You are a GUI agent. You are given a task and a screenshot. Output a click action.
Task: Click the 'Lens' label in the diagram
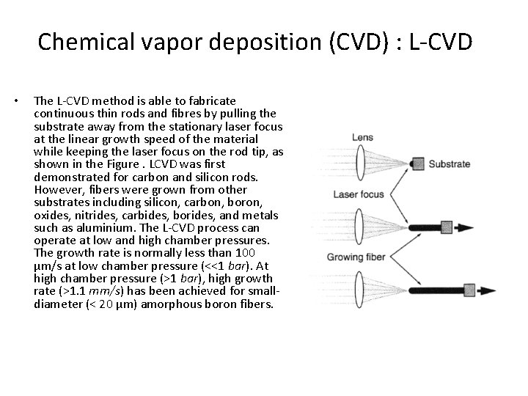pyautogui.click(x=362, y=137)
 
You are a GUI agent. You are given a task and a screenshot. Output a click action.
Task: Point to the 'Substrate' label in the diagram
pyautogui.click(x=449, y=164)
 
